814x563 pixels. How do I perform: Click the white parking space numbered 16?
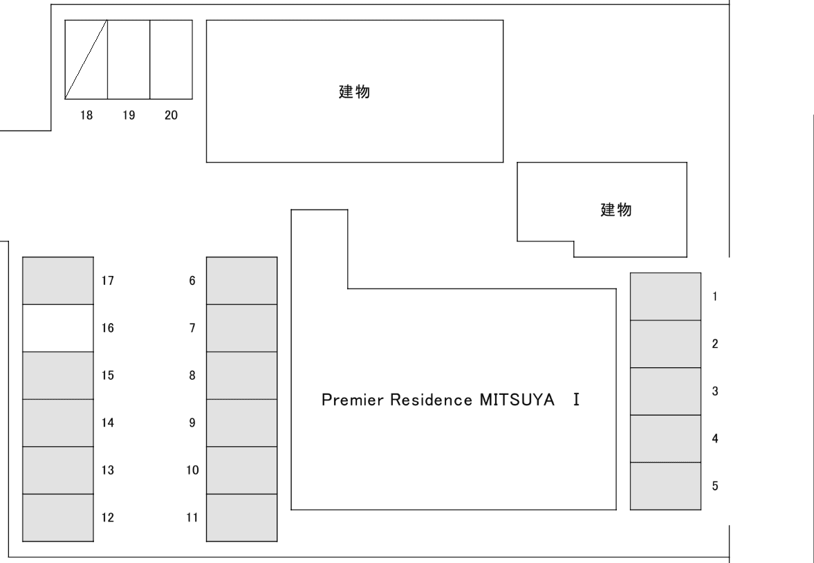[58, 328]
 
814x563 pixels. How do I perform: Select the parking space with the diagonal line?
[86, 59]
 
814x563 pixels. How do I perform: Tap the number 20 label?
[171, 116]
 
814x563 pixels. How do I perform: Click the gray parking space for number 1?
[665, 297]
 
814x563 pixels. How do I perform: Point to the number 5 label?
[715, 486]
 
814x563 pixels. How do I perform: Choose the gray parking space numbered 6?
[241, 280]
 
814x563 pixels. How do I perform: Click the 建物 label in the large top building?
[353, 92]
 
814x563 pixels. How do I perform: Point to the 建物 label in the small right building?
[615, 210]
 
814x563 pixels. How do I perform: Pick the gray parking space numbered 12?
[58, 517]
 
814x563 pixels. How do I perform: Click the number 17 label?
[107, 281]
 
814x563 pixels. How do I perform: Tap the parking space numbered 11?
[241, 517]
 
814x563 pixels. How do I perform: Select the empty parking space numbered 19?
[129, 59]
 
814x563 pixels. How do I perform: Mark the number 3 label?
[715, 391]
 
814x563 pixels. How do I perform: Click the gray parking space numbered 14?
[58, 423]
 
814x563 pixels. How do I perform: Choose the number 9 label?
[192, 423]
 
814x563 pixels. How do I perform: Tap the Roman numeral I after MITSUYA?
[575, 400]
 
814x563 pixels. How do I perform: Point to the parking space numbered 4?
[665, 439]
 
